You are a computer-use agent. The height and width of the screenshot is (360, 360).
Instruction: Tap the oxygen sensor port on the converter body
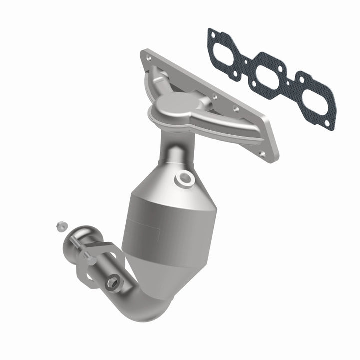184,178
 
